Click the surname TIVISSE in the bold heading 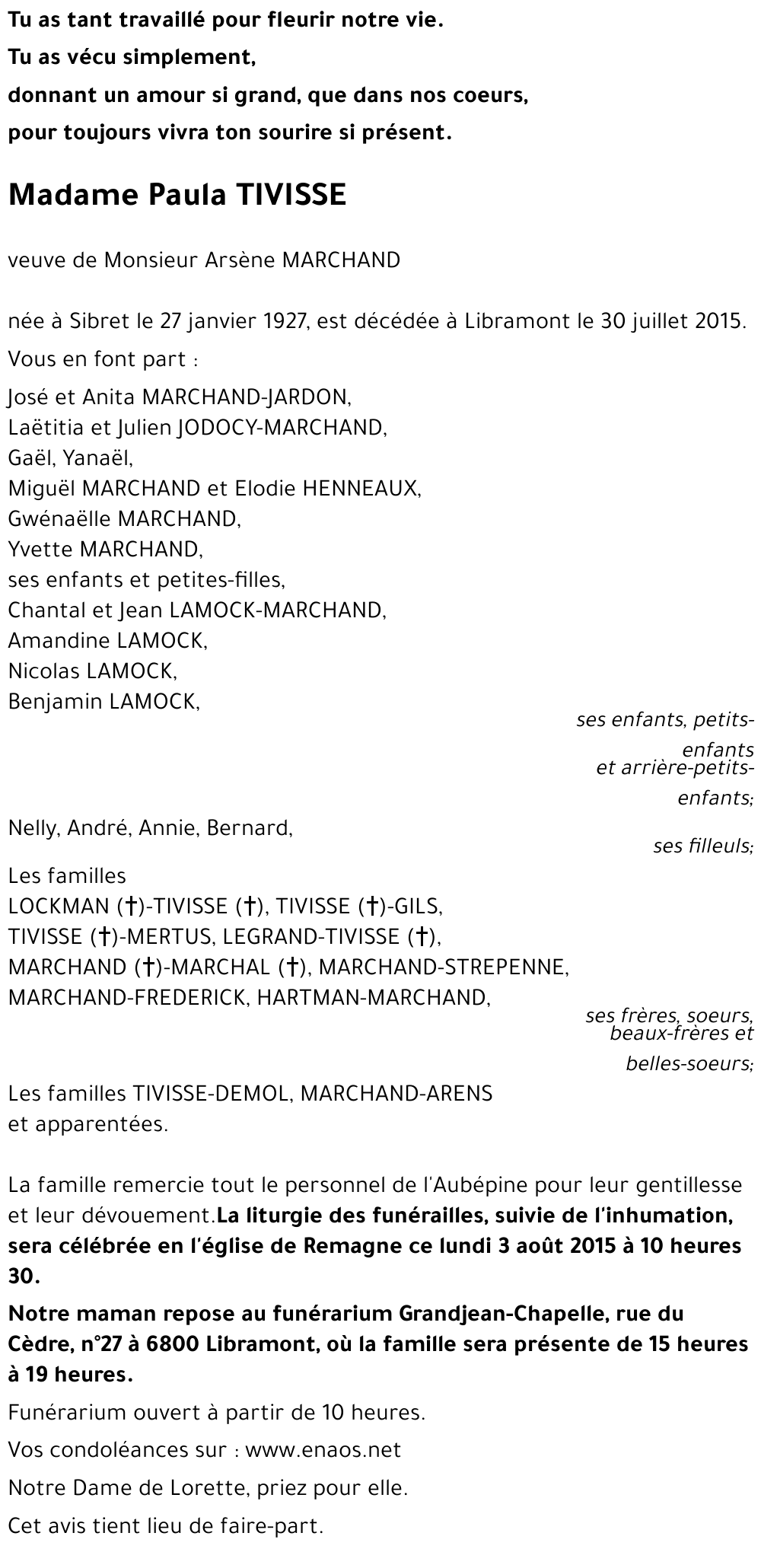(x=293, y=196)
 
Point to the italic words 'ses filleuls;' (x=703, y=846)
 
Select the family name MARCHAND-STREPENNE (x=444, y=967)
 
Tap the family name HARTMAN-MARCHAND (x=373, y=997)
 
